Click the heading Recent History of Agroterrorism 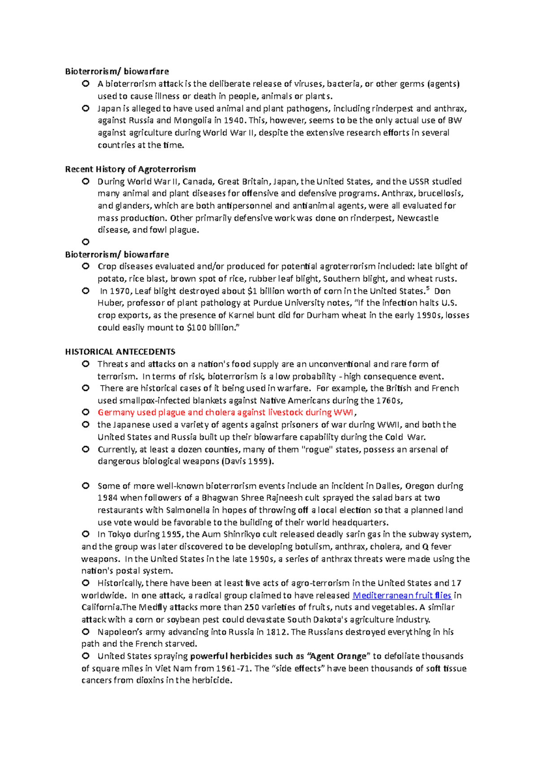pos(130,169)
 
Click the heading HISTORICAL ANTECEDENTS pos(120,352)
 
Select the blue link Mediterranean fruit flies pos(402,596)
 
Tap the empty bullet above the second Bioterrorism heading pos(86,242)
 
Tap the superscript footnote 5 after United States pos(428,289)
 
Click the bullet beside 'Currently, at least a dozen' pos(86,449)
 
